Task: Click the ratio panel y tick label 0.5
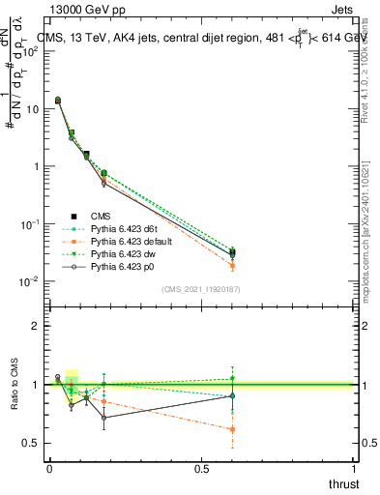click(30, 443)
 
